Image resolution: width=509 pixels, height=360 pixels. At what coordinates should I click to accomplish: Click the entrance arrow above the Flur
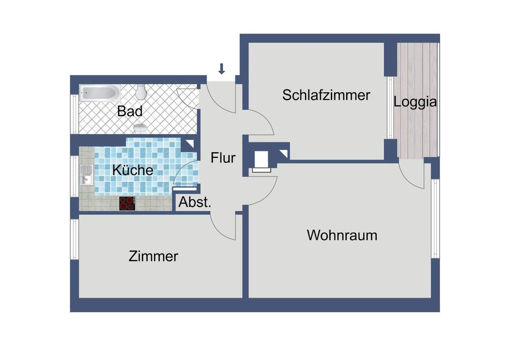click(222, 69)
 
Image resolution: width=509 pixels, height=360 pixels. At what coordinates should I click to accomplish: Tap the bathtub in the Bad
click(100, 93)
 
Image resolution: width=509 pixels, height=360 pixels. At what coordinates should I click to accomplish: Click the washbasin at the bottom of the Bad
click(140, 128)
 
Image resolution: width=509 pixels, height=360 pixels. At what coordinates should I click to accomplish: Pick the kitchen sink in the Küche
click(86, 175)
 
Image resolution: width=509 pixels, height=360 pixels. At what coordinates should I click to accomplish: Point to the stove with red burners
click(127, 204)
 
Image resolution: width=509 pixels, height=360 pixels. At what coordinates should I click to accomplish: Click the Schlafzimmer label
click(326, 95)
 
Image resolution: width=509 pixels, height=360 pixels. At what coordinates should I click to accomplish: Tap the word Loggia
click(415, 102)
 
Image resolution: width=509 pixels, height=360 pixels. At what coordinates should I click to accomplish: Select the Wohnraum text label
click(342, 235)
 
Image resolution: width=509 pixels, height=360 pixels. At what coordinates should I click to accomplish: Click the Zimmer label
click(153, 256)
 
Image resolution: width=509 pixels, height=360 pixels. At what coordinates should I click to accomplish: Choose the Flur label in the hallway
click(223, 158)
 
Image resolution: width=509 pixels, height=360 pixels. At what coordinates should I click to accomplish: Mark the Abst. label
click(194, 202)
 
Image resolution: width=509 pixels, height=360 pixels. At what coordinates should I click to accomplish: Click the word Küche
click(133, 170)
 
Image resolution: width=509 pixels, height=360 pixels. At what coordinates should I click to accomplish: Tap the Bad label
click(130, 111)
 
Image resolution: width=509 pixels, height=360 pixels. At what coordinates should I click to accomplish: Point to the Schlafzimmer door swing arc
click(262, 120)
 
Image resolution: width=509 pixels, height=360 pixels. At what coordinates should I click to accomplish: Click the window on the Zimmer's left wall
click(74, 239)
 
